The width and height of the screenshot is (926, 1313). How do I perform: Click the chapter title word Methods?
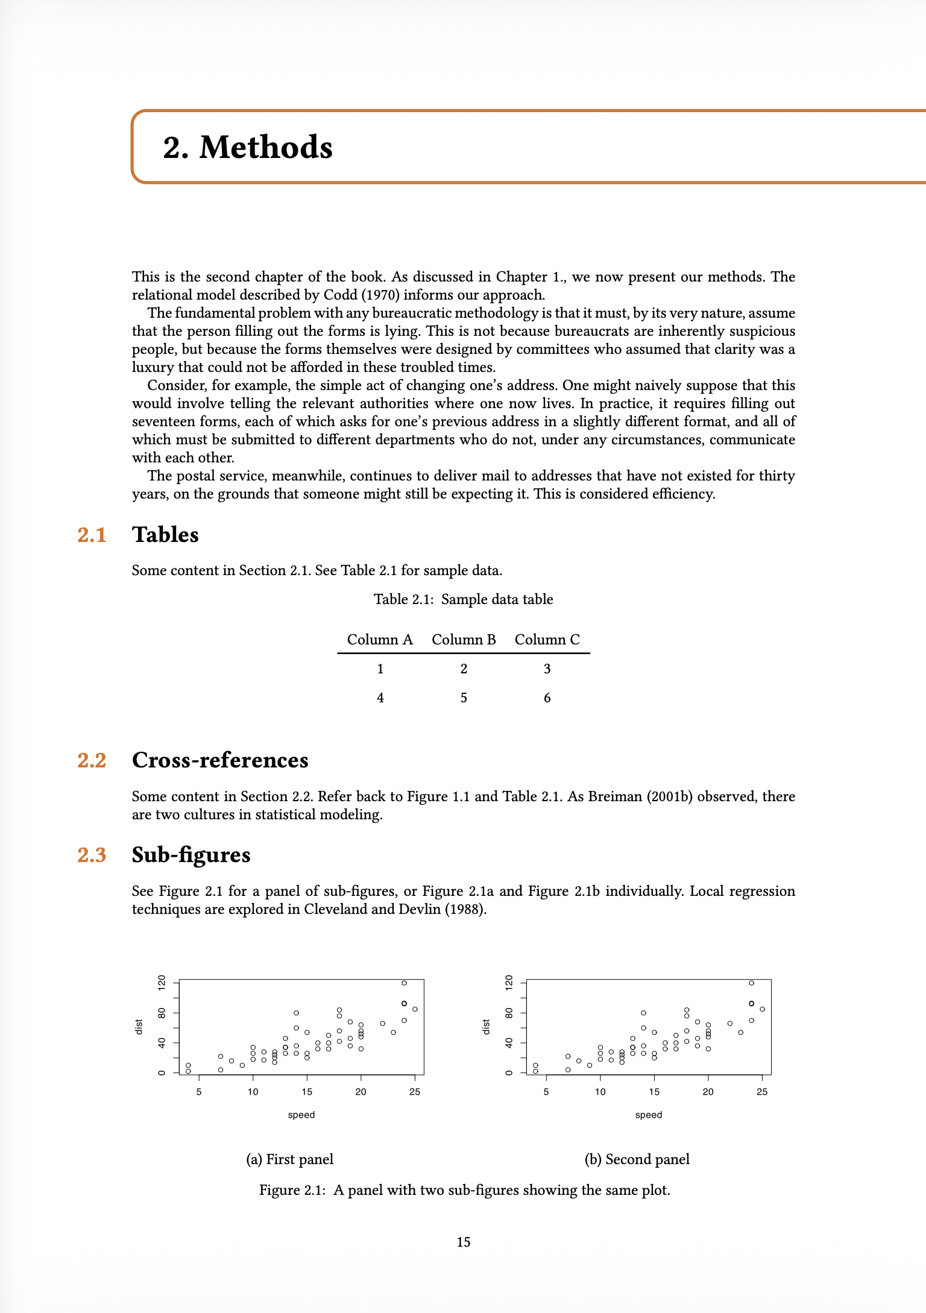[x=265, y=148]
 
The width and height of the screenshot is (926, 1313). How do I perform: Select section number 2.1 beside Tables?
[x=92, y=535]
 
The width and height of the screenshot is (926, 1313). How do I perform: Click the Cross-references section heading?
[x=220, y=760]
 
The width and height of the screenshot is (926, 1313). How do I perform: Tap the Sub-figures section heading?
[x=191, y=855]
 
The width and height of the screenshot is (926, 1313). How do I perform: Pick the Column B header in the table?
[x=464, y=640]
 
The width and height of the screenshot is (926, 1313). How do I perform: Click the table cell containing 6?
[x=547, y=698]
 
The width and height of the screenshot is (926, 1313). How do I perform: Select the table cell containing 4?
[x=380, y=698]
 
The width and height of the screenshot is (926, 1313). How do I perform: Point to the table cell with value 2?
[x=464, y=669]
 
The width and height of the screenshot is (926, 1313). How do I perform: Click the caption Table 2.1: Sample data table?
[x=463, y=599]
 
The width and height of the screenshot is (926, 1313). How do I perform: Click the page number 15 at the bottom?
[x=463, y=1242]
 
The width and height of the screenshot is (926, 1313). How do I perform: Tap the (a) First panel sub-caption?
[x=289, y=1159]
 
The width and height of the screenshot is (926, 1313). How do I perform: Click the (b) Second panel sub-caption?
[x=637, y=1159]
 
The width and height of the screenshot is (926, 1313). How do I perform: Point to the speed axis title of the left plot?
[x=301, y=1115]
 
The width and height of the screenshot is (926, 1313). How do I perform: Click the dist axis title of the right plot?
[x=486, y=1027]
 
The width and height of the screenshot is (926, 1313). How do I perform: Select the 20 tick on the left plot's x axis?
[x=361, y=1092]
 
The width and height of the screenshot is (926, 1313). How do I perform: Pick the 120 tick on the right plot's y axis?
[x=509, y=983]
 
